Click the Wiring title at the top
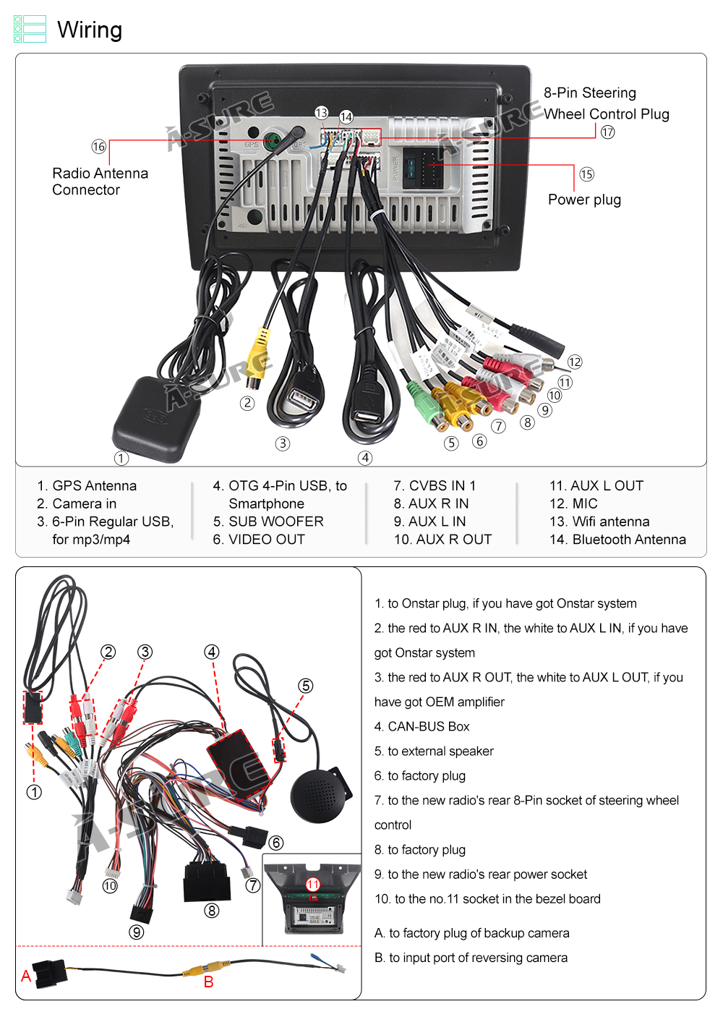pos(89,30)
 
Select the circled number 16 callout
pos(99,147)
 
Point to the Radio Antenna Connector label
pos(100,182)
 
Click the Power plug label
pos(584,200)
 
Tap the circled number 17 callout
pos(607,132)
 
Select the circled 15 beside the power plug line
pos(586,174)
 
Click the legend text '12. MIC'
pos(573,503)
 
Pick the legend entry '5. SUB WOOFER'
pos(268,522)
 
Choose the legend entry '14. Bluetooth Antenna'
pos(617,540)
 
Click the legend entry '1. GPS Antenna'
pos(87,486)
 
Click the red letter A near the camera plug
pos(26,976)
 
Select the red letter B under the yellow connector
pos(208,982)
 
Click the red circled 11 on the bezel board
pos(312,885)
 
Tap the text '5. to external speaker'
pos(434,752)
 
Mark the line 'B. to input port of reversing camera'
pos(471,958)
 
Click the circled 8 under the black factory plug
pos(211,911)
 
